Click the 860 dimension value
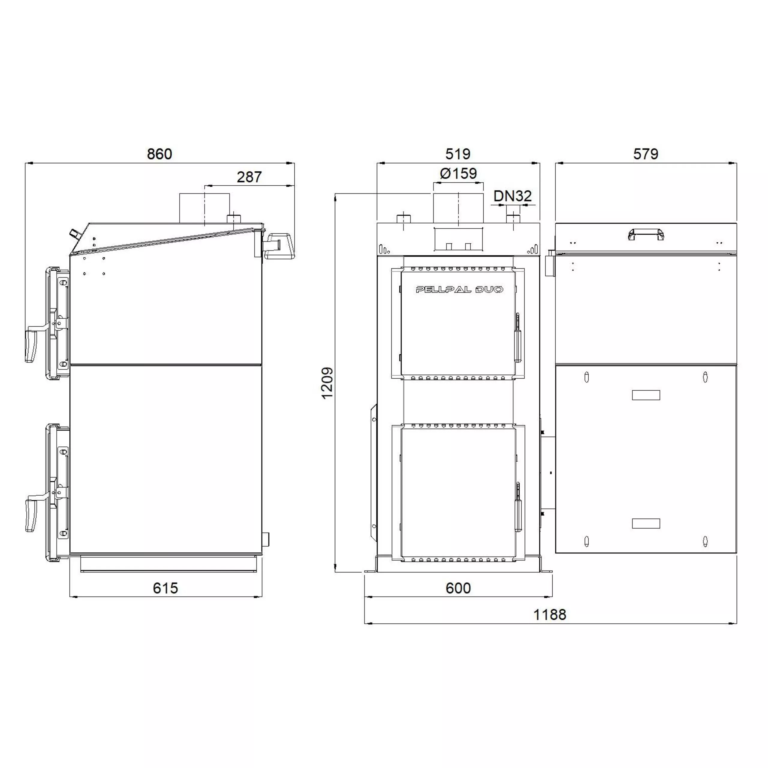(159, 154)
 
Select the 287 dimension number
(249, 177)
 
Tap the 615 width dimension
(165, 588)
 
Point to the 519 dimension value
(458, 154)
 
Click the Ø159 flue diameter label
(458, 173)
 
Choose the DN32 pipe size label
(513, 196)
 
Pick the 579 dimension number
(646, 154)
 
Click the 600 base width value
(458, 588)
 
